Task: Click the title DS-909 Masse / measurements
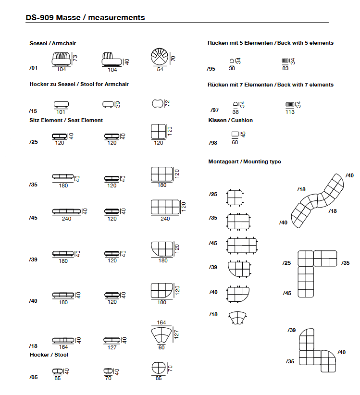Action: pyautogui.click(x=85, y=18)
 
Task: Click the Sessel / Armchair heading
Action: pyautogui.click(x=53, y=43)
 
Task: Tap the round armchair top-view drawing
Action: pyautogui.click(x=160, y=57)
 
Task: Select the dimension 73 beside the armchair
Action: pyautogui.click(x=75, y=58)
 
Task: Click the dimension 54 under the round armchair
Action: pyautogui.click(x=160, y=69)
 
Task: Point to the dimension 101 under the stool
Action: pyautogui.click(x=61, y=112)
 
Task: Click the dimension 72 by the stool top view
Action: pyautogui.click(x=167, y=103)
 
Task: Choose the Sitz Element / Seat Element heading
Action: pyautogui.click(x=66, y=121)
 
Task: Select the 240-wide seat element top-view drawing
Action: pyautogui.click(x=165, y=207)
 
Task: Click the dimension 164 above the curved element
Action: pyautogui.click(x=161, y=322)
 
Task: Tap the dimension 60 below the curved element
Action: pyautogui.click(x=161, y=347)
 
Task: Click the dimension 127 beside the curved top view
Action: pyautogui.click(x=176, y=334)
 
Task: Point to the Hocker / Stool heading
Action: pyautogui.click(x=49, y=355)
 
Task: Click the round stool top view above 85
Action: pyautogui.click(x=159, y=368)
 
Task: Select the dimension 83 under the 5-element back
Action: pyautogui.click(x=285, y=68)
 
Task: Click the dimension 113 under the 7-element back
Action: pyautogui.click(x=290, y=112)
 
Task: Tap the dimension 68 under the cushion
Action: pyautogui.click(x=235, y=143)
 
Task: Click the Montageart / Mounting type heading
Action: pyautogui.click(x=245, y=162)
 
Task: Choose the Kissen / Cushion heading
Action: pyautogui.click(x=231, y=120)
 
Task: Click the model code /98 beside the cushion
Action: pyautogui.click(x=213, y=143)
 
